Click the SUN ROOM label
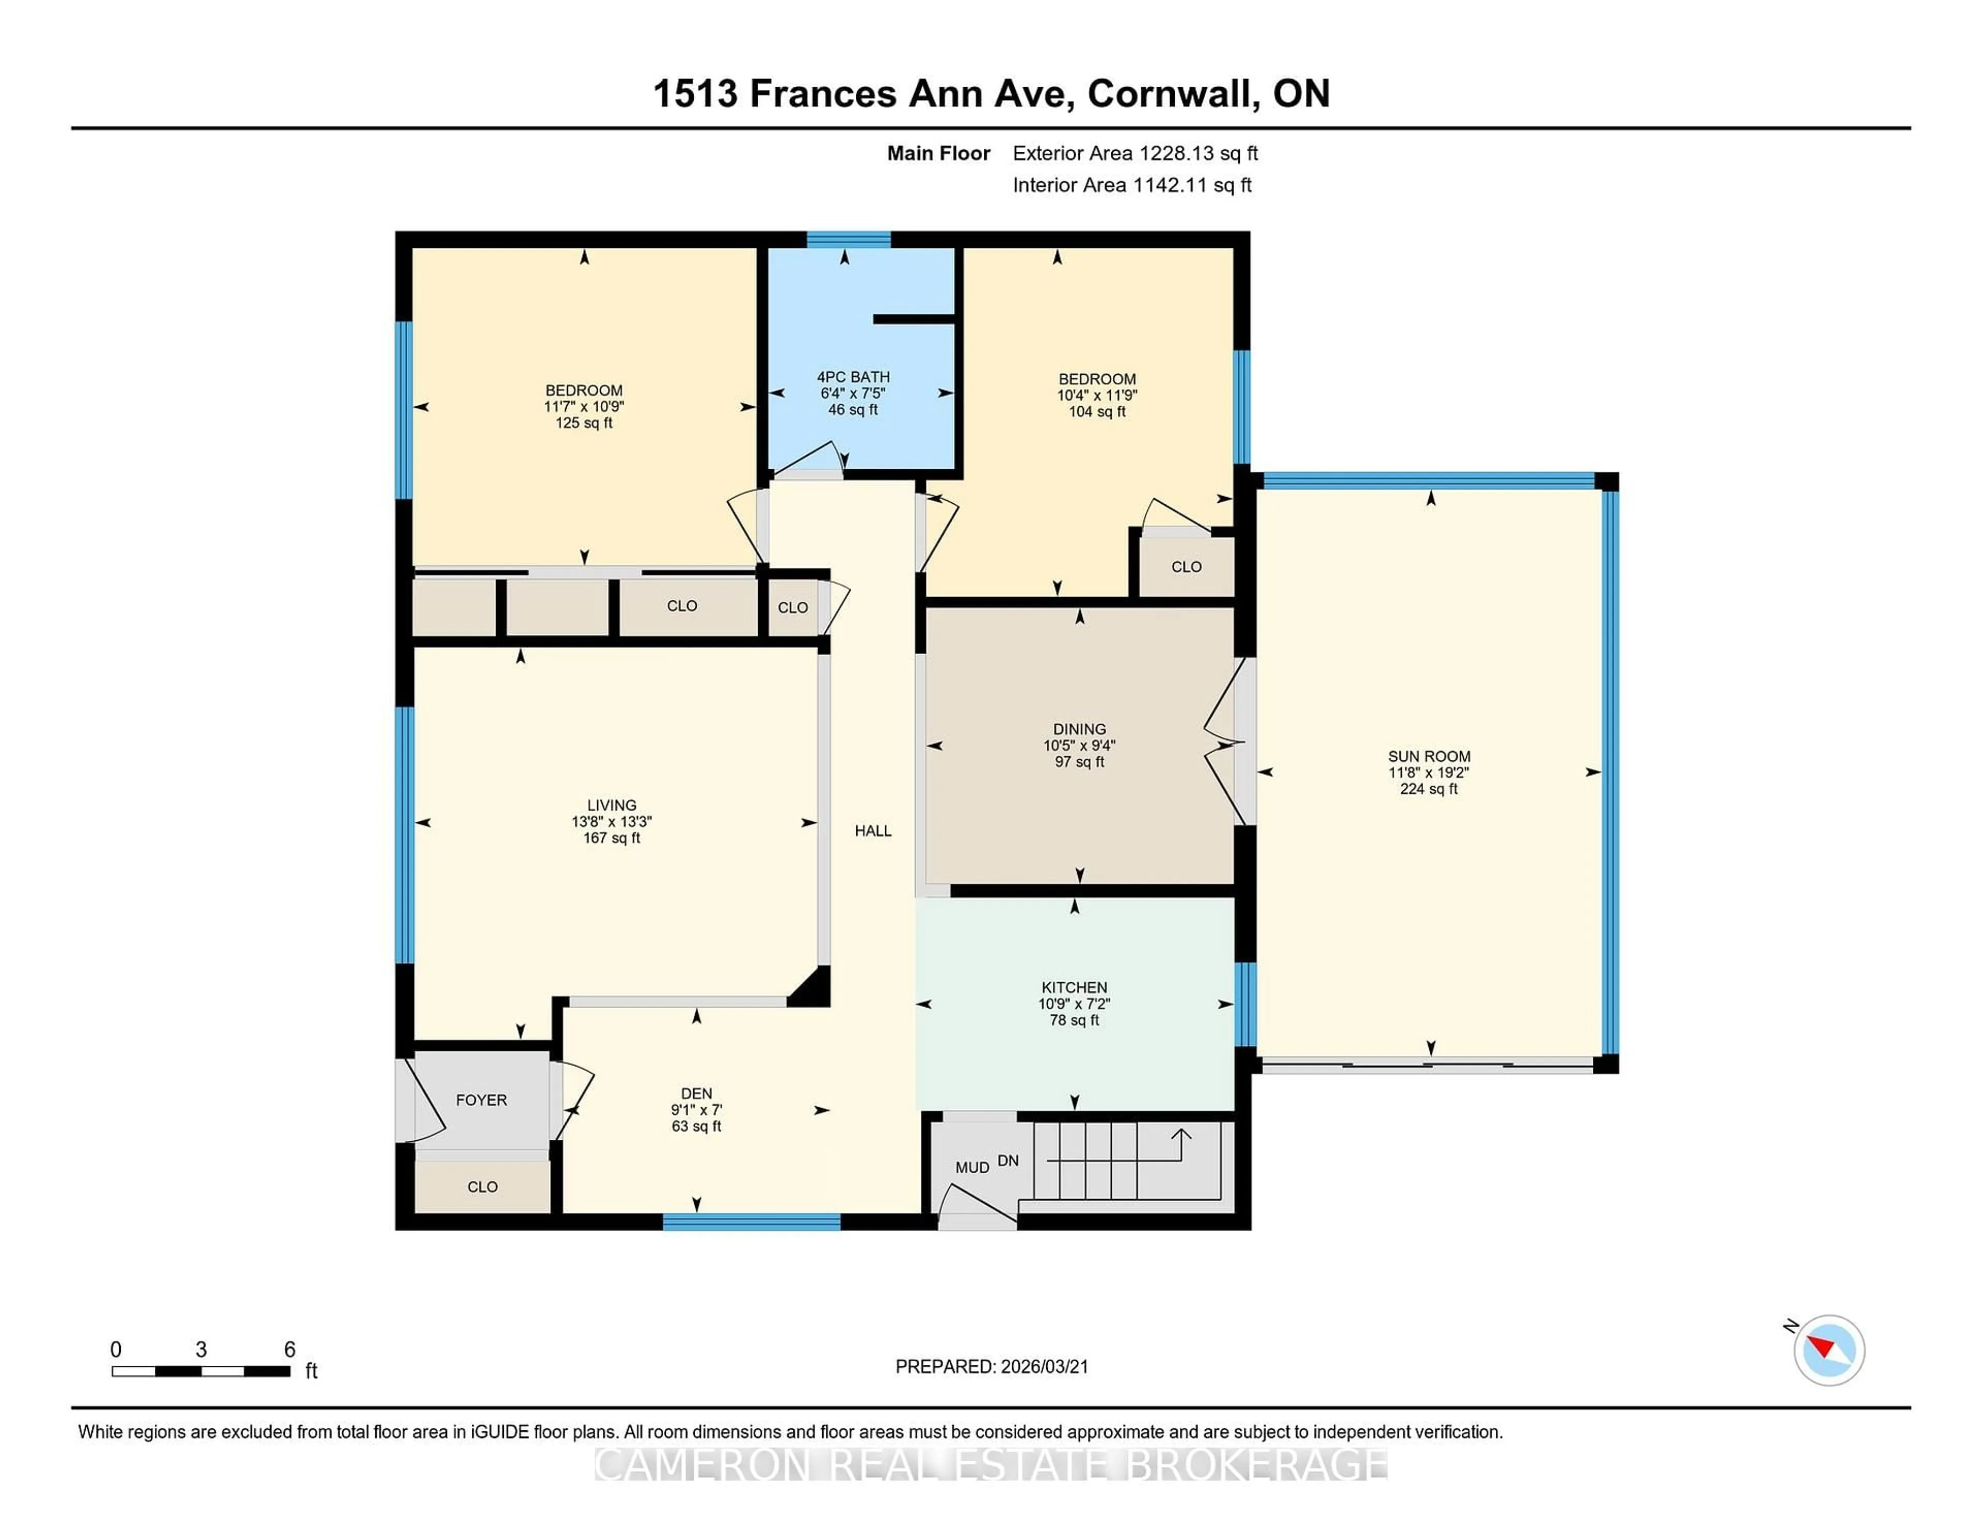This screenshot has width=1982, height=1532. (1428, 756)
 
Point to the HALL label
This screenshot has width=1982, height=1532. (872, 831)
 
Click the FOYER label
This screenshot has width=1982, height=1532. (481, 1100)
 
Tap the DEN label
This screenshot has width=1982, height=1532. (696, 1094)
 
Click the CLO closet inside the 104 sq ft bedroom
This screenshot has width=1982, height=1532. (1185, 566)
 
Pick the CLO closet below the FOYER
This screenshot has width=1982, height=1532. (482, 1186)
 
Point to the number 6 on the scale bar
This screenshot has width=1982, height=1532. (290, 1350)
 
